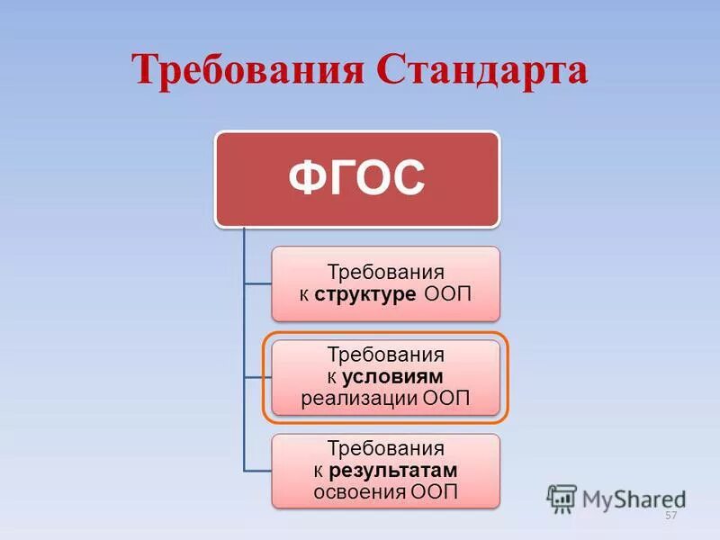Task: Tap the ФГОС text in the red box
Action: tap(356, 179)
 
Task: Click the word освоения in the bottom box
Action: tap(359, 491)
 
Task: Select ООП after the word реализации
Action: tap(446, 397)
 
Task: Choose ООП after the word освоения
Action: tap(435, 491)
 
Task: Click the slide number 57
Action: tap(670, 516)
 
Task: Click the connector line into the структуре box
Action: tap(258, 283)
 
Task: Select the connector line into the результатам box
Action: tap(258, 470)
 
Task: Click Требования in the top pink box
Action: tap(385, 273)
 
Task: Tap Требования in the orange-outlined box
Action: tap(385, 356)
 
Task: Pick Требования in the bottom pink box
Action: tap(385, 449)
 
